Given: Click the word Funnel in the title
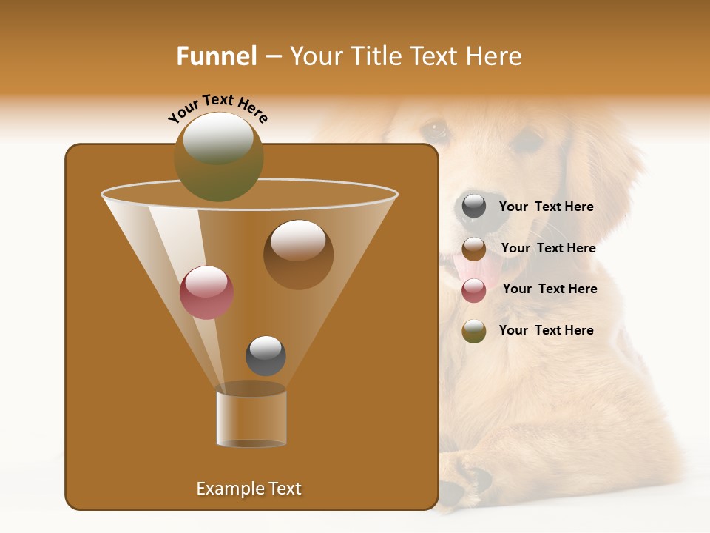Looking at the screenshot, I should point(216,56).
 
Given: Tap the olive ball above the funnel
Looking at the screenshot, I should point(218,156).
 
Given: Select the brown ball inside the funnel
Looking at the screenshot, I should point(298,254).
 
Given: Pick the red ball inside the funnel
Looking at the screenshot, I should point(206,292).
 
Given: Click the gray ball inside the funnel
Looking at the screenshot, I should point(266,355).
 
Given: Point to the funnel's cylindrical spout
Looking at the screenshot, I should point(251,419).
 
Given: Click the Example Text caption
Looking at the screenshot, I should point(248,489).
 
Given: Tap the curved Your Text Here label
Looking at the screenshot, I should point(217,108).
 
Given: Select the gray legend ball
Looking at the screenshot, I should point(474,207).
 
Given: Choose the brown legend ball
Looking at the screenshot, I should point(474,249).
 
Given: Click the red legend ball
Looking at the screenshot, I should point(474,289).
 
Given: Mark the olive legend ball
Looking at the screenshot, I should point(474,331).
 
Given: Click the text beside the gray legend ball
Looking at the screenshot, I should point(546,207).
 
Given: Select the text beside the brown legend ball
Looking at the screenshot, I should point(548,249).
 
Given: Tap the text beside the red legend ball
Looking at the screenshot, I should point(550,289).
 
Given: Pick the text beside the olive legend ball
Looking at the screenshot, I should point(546,331).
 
